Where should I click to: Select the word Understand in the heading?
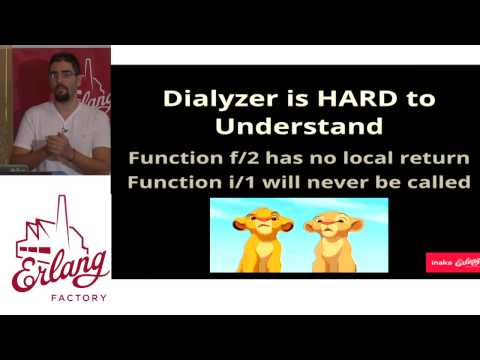pos(299,127)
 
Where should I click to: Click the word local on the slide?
pos(378,158)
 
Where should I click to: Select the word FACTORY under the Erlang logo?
pos(61,297)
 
